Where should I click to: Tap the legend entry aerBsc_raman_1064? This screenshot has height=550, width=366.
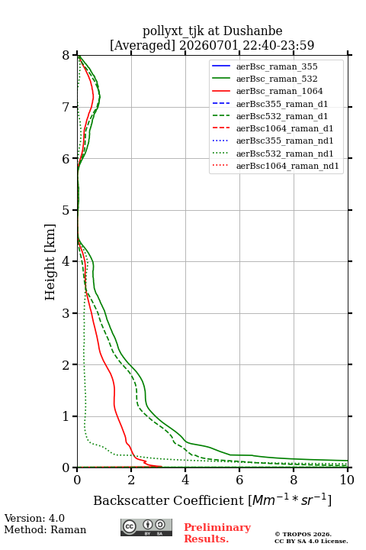(x=268, y=91)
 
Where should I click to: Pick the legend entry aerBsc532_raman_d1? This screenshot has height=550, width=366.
(x=270, y=116)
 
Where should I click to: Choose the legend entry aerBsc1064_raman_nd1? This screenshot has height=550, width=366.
(x=275, y=166)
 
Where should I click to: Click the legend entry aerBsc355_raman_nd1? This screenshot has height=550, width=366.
(x=273, y=141)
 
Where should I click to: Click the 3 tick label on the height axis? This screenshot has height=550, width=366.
(x=66, y=313)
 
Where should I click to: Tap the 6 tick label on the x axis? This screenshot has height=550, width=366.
(x=239, y=480)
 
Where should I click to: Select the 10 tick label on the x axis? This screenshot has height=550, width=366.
(x=347, y=480)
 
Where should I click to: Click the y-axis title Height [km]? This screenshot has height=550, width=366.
(x=50, y=262)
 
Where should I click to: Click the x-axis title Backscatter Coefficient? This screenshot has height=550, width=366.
(x=169, y=500)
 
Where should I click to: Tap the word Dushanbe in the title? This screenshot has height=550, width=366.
(x=252, y=31)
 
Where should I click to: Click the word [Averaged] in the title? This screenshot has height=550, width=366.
(x=143, y=45)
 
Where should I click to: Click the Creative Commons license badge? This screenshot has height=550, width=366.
(x=146, y=527)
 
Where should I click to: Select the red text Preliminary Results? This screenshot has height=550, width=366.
(x=217, y=533)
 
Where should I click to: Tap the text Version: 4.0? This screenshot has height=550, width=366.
(x=34, y=518)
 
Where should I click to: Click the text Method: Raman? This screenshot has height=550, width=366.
(x=45, y=529)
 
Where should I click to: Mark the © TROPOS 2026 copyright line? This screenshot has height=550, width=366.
(x=303, y=534)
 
